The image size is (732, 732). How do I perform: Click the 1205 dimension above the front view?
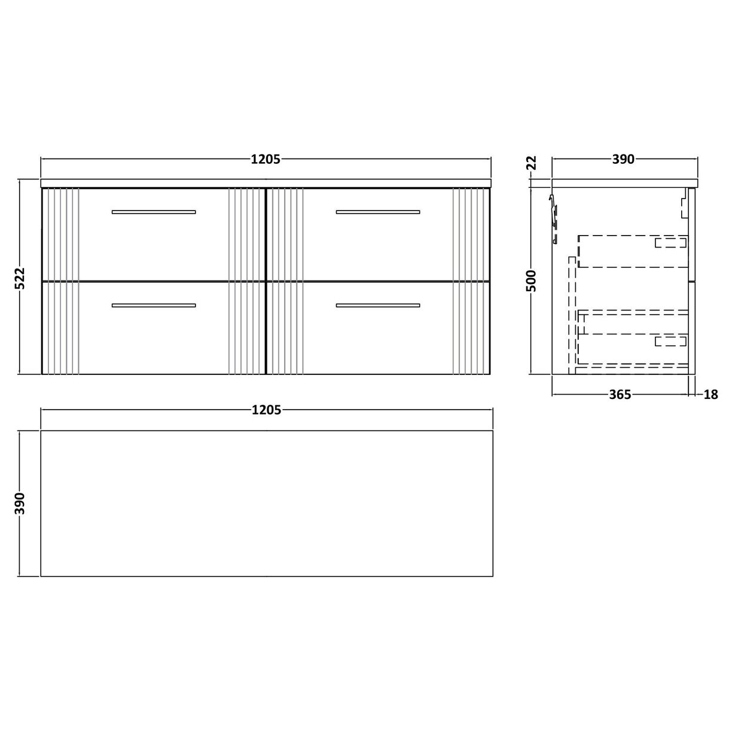click(266, 159)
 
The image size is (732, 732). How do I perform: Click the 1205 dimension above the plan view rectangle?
click(266, 410)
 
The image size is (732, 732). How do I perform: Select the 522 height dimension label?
click(20, 277)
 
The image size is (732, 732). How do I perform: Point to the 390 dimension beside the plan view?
click(20, 503)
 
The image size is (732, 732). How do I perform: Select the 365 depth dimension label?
click(620, 395)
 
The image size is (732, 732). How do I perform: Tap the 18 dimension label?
click(710, 395)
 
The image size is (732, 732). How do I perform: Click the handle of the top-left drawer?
click(154, 212)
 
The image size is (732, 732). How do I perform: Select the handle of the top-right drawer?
click(378, 212)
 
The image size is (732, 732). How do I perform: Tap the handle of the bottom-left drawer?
click(154, 306)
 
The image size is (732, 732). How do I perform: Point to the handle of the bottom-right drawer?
click(378, 306)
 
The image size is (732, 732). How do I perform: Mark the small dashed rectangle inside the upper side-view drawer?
click(670, 242)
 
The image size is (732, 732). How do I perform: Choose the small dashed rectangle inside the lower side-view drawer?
click(670, 341)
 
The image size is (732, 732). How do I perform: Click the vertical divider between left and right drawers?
click(265, 281)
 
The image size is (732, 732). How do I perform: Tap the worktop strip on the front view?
click(266, 182)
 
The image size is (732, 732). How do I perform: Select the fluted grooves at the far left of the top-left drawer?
click(60, 234)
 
